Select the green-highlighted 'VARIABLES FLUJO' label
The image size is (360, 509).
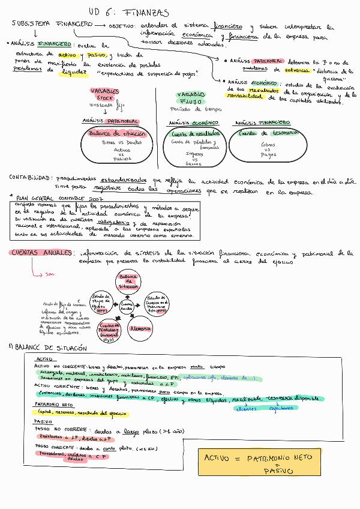pos(191,98)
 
